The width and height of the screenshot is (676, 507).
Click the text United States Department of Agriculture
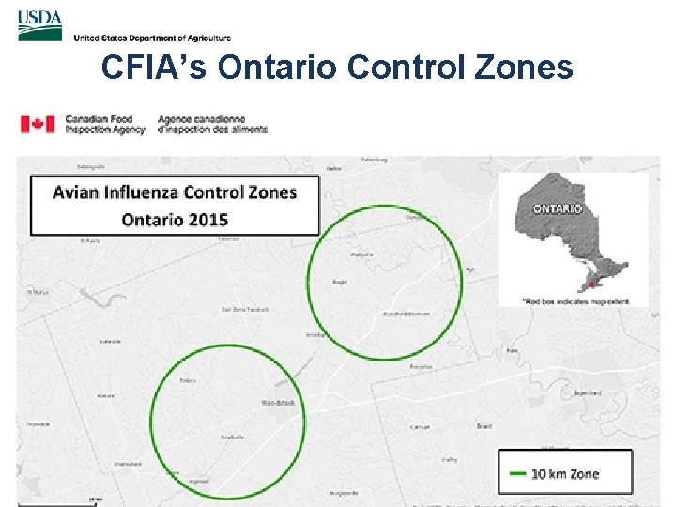point(151,38)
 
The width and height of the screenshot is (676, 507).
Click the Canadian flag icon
point(38,124)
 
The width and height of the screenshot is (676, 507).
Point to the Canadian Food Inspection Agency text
point(104,124)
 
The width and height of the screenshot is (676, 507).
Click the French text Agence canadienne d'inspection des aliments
point(212,124)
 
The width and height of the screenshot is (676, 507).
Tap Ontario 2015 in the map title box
point(175,220)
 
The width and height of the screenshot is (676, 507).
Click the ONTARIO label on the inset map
point(558,207)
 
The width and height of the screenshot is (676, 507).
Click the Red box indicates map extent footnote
point(571,301)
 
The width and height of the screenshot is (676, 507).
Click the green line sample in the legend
point(516,474)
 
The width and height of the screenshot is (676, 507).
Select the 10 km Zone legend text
point(565,474)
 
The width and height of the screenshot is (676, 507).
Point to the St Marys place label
point(38,292)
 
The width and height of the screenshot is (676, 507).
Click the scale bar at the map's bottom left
point(56,502)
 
